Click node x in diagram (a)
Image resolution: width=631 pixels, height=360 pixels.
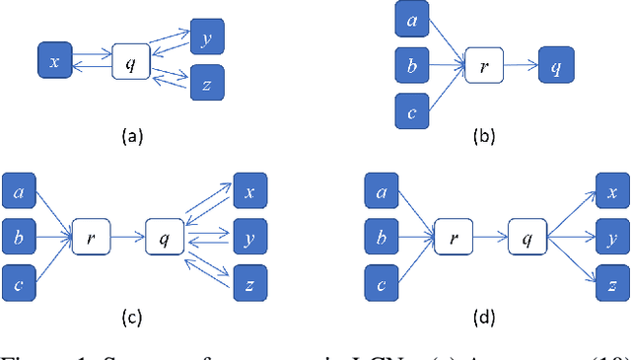[x=54, y=62]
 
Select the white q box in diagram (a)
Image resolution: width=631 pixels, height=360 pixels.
[x=130, y=62]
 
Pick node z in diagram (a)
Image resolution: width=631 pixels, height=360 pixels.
[x=208, y=83]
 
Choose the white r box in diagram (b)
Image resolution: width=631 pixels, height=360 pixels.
[x=484, y=68]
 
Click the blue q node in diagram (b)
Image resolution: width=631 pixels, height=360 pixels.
[x=556, y=67]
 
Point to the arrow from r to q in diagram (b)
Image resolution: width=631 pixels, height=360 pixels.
[x=521, y=68]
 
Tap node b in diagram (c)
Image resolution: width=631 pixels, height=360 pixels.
[x=20, y=237]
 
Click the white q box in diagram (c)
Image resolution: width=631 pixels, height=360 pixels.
[x=163, y=238]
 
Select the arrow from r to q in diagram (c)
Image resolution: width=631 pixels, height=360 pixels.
[x=127, y=238]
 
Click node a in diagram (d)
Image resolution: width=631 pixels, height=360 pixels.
[x=382, y=191]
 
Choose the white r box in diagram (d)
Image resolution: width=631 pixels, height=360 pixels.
[x=454, y=238]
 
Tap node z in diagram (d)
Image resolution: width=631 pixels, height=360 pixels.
[x=611, y=282]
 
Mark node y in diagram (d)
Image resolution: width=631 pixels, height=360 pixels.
[x=611, y=238]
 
